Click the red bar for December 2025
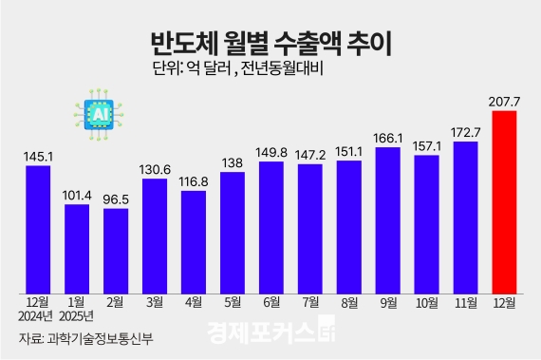pos(504,201)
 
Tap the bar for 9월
pos(387,219)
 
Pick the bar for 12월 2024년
pos(38,228)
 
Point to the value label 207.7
pos(504,101)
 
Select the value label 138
pos(233,162)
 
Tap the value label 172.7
pos(465,132)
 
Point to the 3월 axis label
pos(155,304)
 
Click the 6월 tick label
pos(271,304)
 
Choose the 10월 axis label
pos(426,304)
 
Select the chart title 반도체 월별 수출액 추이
pos(270,44)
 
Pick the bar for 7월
pos(310,228)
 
